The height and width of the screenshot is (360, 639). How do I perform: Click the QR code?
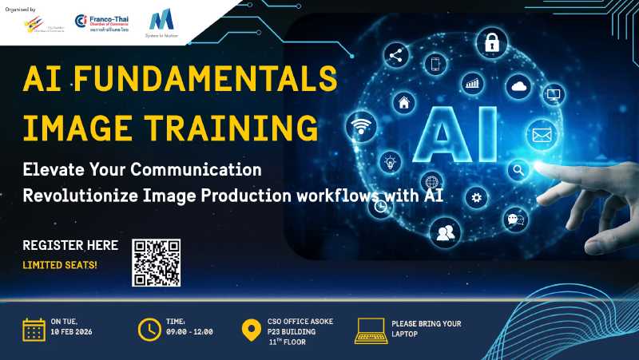point(157,263)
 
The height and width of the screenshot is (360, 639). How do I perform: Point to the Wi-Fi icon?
point(361,127)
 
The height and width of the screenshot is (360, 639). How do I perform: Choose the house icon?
point(404,102)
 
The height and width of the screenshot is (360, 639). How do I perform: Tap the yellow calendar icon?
point(33,329)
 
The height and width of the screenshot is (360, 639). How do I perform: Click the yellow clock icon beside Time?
point(149,329)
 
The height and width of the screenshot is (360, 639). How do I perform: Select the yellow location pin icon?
point(250,330)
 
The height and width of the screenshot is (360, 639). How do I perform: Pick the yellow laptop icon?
point(371,329)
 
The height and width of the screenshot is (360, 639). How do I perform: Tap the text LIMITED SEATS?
point(60,263)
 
